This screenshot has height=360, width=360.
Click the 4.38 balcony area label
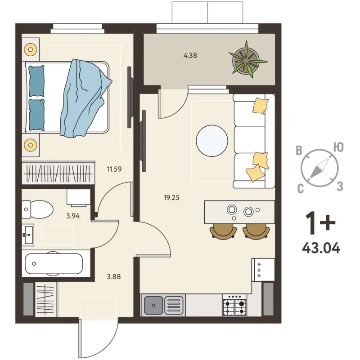tap(190, 56)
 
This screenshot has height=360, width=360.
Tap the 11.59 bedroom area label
tap(114, 169)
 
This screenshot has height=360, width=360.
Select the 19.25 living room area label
tap(171, 197)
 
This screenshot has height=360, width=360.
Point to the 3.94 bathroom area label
tap(72, 216)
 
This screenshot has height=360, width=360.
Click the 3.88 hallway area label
tap(114, 277)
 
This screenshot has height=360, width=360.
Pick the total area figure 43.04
tap(321, 248)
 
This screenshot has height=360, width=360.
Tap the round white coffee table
tap(212, 141)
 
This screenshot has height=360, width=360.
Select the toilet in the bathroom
tap(37, 209)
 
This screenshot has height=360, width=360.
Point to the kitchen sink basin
tap(153, 305)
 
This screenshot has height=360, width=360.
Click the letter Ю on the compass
tap(338, 147)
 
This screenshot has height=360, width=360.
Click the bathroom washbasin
tap(28, 235)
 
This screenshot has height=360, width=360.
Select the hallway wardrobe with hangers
tap(45, 299)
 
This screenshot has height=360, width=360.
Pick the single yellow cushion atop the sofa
tap(260, 106)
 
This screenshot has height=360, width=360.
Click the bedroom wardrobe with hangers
tap(58, 173)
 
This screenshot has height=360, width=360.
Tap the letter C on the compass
tap(301, 189)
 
